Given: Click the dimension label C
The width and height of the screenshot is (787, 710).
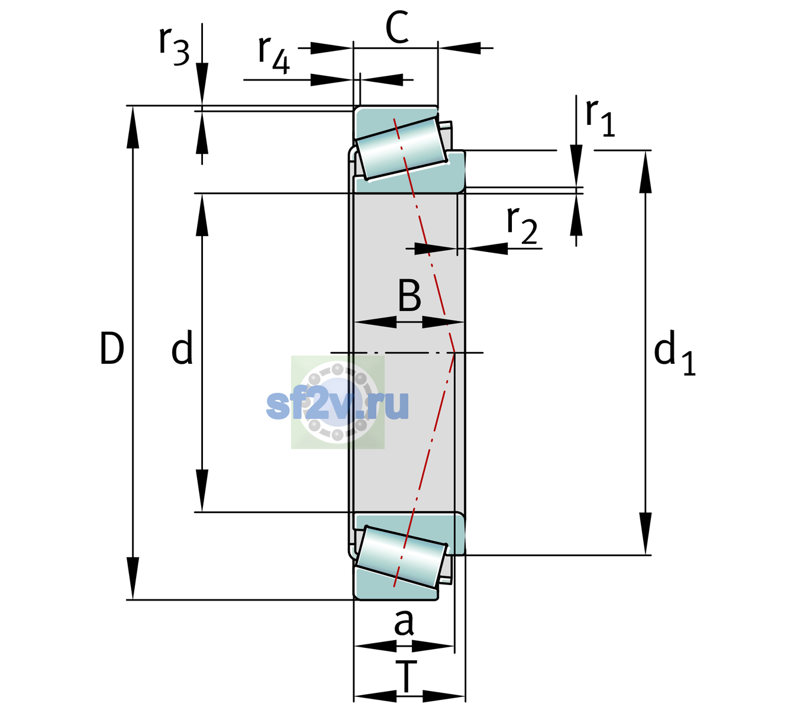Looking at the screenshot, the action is click(397, 27).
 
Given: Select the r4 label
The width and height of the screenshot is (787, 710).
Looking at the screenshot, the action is click(274, 55).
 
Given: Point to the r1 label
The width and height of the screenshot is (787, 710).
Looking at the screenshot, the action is click(600, 118).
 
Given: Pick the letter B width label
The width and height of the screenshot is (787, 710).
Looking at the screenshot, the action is click(409, 295).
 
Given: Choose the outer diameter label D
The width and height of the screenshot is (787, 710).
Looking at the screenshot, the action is click(112, 348).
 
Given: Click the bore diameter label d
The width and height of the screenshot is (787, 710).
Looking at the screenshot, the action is click(182, 347).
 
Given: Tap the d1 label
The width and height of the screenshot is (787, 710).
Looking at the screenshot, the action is click(675, 352).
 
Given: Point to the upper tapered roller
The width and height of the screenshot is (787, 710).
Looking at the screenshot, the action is click(401, 149).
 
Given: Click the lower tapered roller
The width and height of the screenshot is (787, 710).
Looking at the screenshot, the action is click(401, 557).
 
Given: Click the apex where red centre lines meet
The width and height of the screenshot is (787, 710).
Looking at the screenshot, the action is click(454, 353).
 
